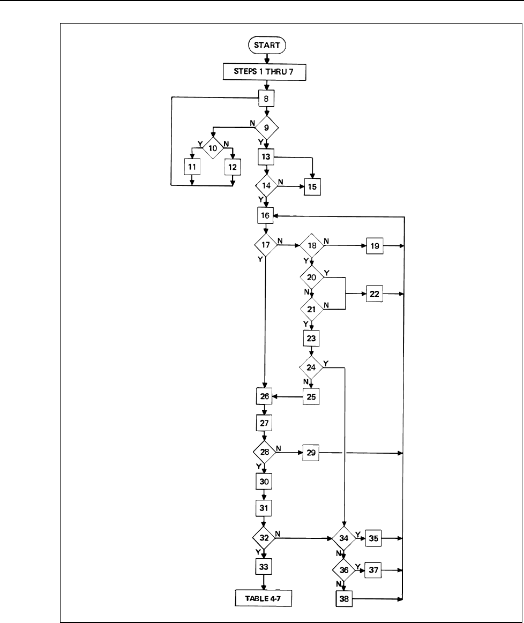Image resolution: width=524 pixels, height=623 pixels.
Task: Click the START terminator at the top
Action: [267, 46]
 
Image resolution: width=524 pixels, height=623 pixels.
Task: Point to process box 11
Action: [192, 167]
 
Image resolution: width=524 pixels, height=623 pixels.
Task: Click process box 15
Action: [313, 187]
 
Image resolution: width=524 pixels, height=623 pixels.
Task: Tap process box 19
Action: [375, 246]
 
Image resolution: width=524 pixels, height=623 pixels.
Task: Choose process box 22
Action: [374, 294]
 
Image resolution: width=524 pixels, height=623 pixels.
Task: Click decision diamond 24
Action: [311, 367]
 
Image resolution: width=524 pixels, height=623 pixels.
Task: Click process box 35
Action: [373, 538]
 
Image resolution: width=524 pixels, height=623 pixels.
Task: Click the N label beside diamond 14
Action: [281, 182]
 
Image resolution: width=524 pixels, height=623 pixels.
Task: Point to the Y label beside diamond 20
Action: [327, 273]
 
